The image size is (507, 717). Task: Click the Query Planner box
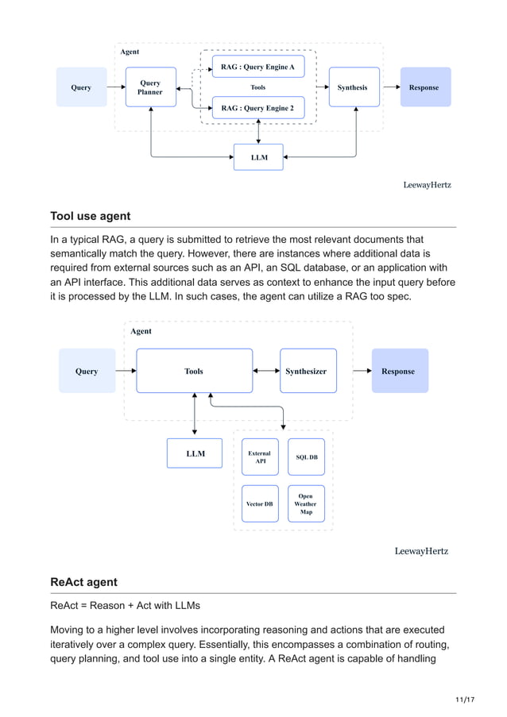[x=150, y=87]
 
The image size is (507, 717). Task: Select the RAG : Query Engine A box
[x=257, y=67]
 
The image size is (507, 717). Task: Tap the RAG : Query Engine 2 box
[x=257, y=108]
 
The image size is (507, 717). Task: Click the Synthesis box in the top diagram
[x=352, y=87]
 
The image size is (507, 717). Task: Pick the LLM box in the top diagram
[x=259, y=157]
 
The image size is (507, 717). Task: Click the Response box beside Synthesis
[x=424, y=87]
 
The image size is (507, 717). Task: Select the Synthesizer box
[x=306, y=371]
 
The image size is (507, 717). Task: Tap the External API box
[x=260, y=457]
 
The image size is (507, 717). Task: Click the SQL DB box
[x=306, y=457]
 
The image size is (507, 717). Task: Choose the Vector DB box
[x=260, y=503]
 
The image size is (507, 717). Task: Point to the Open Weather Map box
[x=306, y=503]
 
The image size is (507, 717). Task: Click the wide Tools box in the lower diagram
[x=194, y=371]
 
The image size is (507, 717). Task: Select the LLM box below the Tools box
[x=195, y=453]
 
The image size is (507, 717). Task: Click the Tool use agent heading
[x=90, y=216]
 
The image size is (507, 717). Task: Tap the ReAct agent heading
[x=83, y=582]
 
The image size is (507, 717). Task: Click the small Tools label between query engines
[x=257, y=87]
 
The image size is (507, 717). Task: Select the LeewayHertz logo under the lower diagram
[x=421, y=551]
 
